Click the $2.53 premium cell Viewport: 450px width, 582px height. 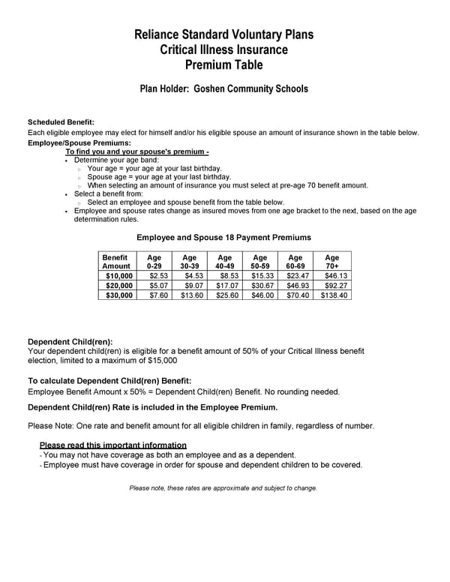tap(157, 276)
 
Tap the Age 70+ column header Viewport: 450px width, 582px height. tap(332, 262)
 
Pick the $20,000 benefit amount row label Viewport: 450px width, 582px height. tap(118, 286)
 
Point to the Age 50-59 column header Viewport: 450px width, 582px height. tap(260, 262)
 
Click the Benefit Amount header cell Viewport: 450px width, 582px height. tap(116, 262)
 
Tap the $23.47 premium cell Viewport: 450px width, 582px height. tap(297, 276)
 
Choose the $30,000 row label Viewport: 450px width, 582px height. tap(118, 295)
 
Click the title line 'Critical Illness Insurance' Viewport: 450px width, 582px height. tap(223, 49)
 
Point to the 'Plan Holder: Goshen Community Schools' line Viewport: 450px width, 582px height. tap(223, 88)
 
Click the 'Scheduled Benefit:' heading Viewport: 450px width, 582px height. tap(61, 122)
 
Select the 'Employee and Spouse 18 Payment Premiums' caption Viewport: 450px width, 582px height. tap(223, 238)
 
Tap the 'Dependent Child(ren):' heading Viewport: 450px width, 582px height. tap(70, 341)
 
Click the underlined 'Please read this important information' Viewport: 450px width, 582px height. tap(112, 445)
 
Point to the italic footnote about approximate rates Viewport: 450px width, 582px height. tap(223, 488)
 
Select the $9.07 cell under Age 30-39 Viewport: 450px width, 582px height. tap(192, 286)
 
